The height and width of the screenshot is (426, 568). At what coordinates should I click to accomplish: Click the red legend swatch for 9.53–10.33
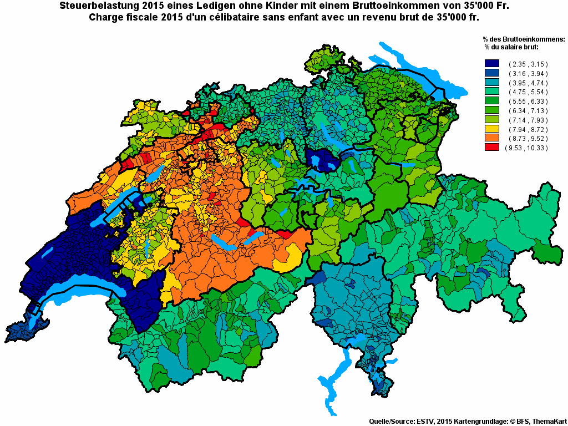tap(492, 148)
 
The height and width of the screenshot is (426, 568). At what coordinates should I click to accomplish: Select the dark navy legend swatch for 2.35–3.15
tap(492, 64)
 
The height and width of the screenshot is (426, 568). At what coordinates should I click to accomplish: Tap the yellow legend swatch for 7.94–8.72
tap(492, 129)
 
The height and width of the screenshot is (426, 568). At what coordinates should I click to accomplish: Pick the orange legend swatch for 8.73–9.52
tap(492, 138)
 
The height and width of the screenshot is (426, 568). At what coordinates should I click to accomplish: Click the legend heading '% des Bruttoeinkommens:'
tap(524, 39)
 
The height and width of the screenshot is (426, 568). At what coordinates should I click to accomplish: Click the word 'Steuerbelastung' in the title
tap(94, 7)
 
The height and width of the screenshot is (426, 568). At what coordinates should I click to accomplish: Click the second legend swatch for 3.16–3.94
tap(492, 73)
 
